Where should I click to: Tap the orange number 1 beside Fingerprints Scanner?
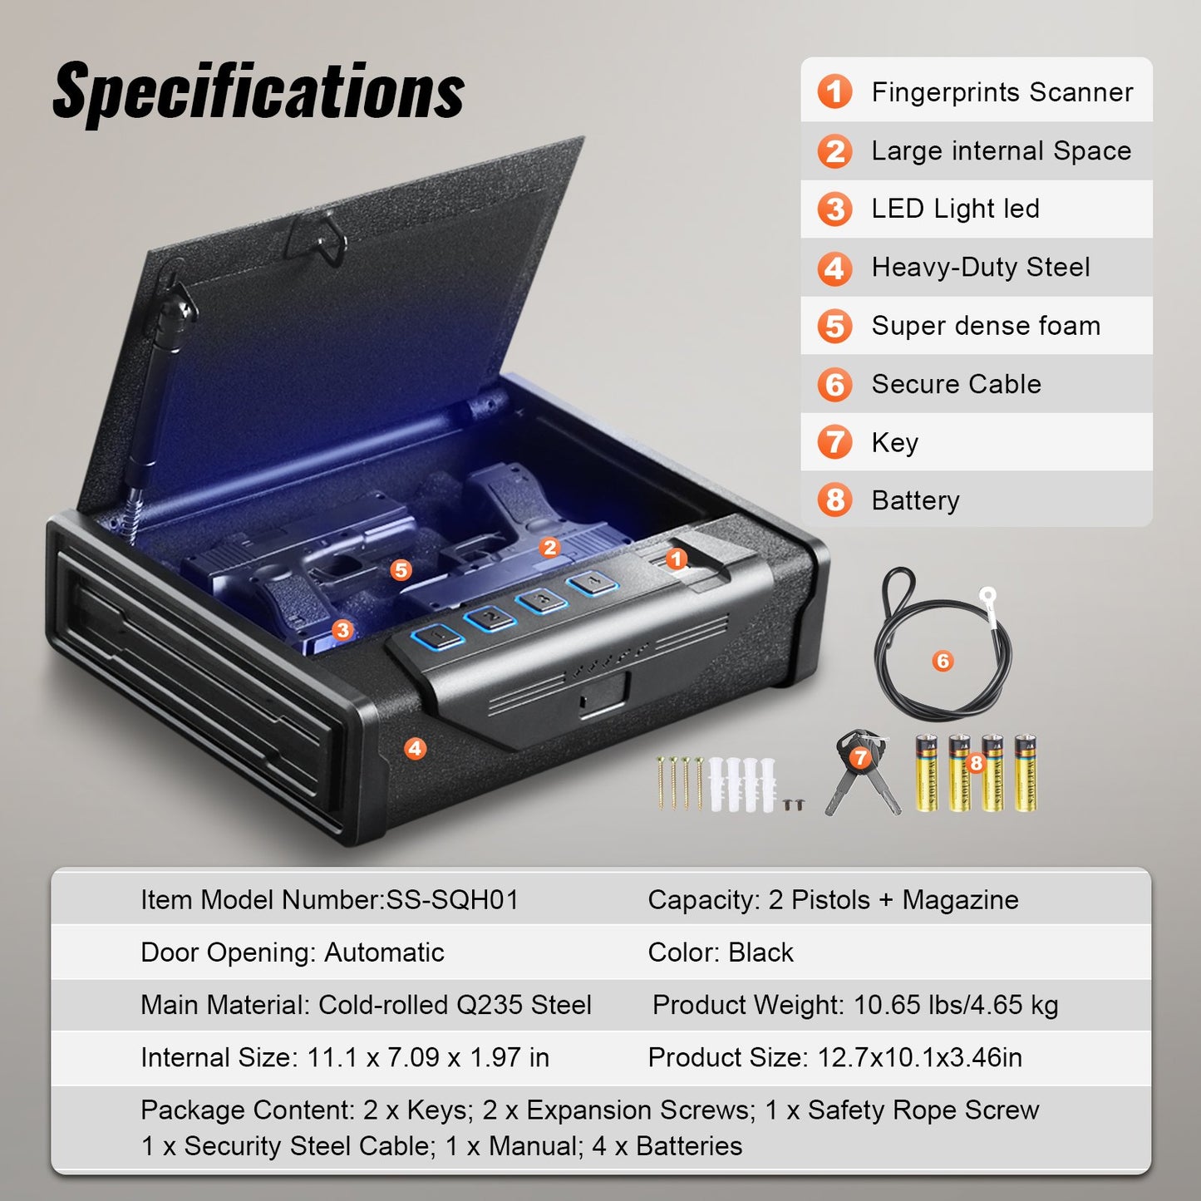pyautogui.click(x=834, y=91)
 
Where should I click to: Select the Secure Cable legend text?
pyautogui.click(x=956, y=384)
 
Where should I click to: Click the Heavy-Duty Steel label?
pyautogui.click(x=980, y=267)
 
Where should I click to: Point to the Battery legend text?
pyautogui.click(x=915, y=500)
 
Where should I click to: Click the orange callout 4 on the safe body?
pyautogui.click(x=415, y=748)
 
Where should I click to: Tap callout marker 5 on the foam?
pyautogui.click(x=401, y=569)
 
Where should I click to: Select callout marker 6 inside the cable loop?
pyautogui.click(x=942, y=661)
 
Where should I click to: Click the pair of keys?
pyautogui.click(x=862, y=773)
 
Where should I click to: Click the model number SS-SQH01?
pyautogui.click(x=453, y=899)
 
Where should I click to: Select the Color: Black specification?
pyautogui.click(x=720, y=952)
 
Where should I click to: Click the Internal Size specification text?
pyautogui.click(x=344, y=1057)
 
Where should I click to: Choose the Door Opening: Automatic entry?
pyautogui.click(x=292, y=952)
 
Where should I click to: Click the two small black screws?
pyautogui.click(x=794, y=804)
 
